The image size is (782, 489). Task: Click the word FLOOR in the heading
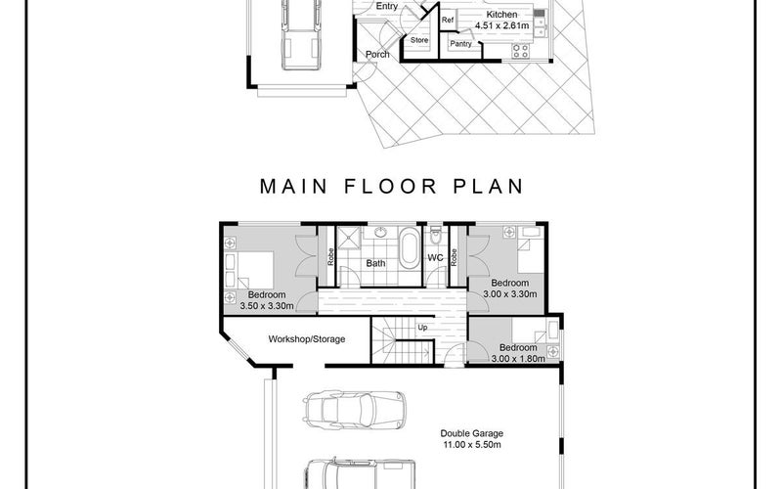tap(390, 186)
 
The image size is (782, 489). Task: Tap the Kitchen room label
tap(501, 15)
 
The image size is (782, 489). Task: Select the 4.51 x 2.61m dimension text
tap(502, 25)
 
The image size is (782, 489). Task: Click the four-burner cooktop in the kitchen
tap(521, 51)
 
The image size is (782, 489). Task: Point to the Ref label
tap(448, 20)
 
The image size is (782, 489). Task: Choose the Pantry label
tap(460, 43)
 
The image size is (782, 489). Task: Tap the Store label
tap(419, 40)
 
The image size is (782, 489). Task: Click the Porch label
tap(377, 54)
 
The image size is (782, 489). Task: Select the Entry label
tap(387, 6)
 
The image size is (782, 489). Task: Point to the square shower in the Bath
tap(349, 236)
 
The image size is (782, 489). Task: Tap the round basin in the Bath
tap(380, 232)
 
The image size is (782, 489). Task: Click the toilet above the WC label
tap(436, 235)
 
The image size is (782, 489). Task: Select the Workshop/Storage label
tap(307, 339)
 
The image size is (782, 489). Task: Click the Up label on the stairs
tap(422, 328)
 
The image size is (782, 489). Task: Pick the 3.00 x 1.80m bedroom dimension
tap(518, 358)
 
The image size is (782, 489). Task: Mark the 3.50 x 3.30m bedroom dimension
tap(267, 306)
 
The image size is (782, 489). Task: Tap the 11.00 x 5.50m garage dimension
tap(472, 445)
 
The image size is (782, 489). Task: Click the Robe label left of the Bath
tap(330, 257)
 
